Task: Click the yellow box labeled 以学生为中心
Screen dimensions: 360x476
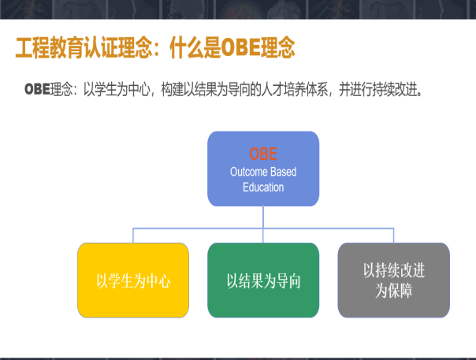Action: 133,280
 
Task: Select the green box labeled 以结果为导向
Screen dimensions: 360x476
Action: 263,280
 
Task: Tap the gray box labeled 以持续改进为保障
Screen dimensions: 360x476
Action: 393,280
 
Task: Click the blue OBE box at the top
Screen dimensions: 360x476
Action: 263,169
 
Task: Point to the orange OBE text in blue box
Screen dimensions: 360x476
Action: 263,154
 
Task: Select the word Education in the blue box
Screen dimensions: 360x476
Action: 263,187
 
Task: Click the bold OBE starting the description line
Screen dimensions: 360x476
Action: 37,89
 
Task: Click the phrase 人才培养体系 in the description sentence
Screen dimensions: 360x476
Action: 298,89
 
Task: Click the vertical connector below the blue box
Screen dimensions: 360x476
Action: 263,217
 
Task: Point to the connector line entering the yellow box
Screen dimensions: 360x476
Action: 133,235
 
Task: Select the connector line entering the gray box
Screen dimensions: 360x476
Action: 393,235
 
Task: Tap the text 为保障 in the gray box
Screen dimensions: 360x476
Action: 393,289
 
